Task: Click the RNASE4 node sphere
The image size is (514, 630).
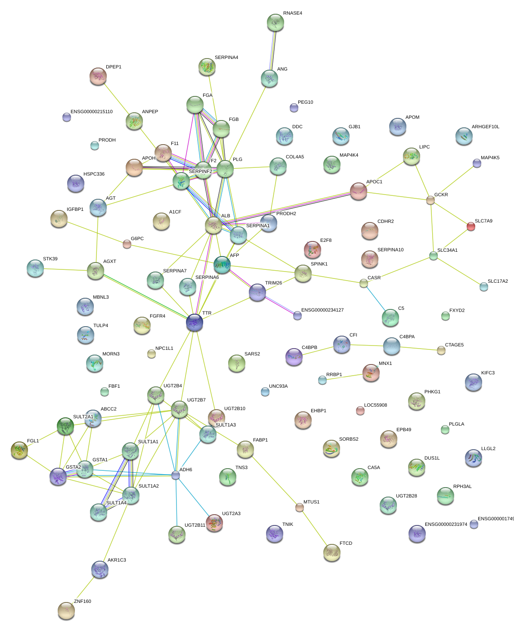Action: click(x=275, y=22)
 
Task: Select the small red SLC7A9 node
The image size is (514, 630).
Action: click(x=471, y=226)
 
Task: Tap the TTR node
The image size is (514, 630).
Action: click(x=194, y=322)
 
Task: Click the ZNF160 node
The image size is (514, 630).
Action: click(x=66, y=610)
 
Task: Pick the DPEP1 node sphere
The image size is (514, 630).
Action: click(x=98, y=76)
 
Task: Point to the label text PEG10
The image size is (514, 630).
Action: click(x=305, y=102)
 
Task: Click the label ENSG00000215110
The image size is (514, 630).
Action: click(x=91, y=112)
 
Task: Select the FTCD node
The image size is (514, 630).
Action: click(x=331, y=553)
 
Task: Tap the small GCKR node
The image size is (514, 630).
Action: click(x=430, y=200)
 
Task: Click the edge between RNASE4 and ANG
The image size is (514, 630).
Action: click(x=272, y=50)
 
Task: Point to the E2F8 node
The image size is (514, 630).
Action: click(x=313, y=249)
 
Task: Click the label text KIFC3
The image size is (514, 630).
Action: click(x=488, y=373)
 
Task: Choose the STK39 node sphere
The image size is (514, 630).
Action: click(x=35, y=268)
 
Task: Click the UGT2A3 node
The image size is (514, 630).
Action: click(x=214, y=523)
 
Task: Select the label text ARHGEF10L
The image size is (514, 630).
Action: click(x=485, y=127)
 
